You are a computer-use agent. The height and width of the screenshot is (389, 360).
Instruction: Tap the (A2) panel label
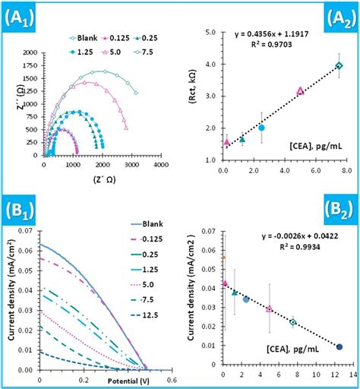pyautogui.click(x=333, y=17)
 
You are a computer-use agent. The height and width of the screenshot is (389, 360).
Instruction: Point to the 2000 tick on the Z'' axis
pyautogui.click(x=30, y=53)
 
